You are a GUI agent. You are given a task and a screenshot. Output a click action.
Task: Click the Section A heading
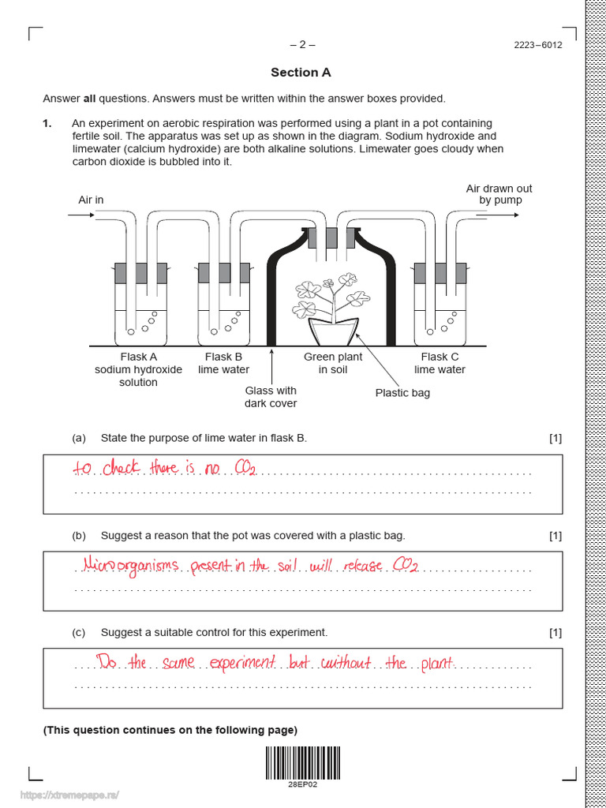point(301,73)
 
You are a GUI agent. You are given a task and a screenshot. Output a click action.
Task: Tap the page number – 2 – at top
point(302,44)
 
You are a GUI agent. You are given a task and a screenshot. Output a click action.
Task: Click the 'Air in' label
point(91,200)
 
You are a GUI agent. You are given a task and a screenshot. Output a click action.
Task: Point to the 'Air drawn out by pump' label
point(499,194)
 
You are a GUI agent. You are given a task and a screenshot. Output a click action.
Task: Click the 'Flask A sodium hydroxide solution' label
point(138,369)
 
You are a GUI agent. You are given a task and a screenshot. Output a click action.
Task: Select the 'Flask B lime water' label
point(223,363)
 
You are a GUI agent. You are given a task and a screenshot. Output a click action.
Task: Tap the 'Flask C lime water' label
point(440,363)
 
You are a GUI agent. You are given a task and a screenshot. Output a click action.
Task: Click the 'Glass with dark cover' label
point(271,397)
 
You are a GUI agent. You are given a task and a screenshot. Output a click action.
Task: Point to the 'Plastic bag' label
point(402,393)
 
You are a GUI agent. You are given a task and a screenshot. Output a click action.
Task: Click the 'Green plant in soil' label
point(333,363)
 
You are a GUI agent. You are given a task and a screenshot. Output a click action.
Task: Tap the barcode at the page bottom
point(302,763)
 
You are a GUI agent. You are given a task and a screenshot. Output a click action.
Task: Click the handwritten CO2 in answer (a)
point(245,469)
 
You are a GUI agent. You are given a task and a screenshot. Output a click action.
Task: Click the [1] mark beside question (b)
point(555,536)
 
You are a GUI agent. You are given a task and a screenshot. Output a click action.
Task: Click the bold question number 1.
point(47,123)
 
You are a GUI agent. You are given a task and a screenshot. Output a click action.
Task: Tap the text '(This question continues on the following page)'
point(170,730)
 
